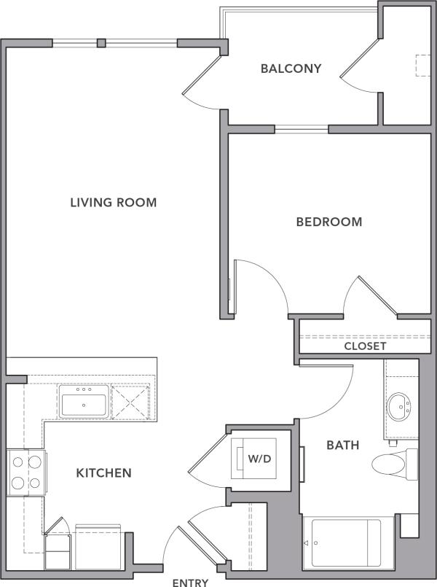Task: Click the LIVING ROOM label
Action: (113, 202)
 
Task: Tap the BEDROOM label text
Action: (328, 222)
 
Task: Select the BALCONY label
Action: (291, 69)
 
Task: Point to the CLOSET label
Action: (365, 346)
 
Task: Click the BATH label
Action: (342, 444)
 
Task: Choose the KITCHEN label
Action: (103, 473)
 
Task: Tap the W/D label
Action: (258, 459)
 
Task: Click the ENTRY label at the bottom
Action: (190, 582)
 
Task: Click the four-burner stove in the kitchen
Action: (26, 471)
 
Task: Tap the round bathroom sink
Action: (398, 403)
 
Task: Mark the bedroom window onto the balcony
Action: (301, 129)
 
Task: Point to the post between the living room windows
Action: (102, 42)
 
